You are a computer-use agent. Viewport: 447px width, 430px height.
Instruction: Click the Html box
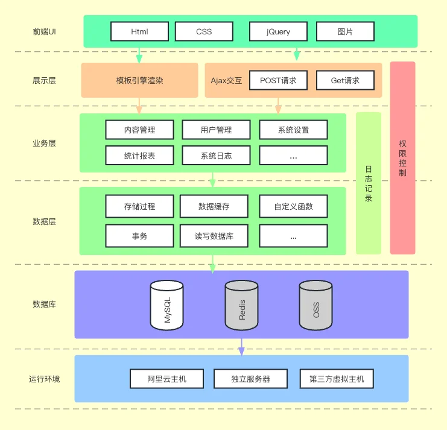[139, 31]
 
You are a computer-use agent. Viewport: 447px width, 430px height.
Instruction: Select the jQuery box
[278, 31]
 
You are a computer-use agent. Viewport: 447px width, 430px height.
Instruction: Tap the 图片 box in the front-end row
[345, 31]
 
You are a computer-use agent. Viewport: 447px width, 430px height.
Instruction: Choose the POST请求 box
[278, 80]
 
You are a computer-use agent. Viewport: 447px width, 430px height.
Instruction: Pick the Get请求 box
[345, 80]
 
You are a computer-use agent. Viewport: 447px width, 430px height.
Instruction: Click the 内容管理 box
[139, 130]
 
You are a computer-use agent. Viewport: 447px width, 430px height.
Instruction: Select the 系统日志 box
[216, 156]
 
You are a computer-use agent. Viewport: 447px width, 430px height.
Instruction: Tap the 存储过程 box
[139, 206]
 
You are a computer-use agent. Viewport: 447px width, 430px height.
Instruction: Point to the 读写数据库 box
[214, 236]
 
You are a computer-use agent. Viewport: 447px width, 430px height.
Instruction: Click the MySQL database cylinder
[166, 305]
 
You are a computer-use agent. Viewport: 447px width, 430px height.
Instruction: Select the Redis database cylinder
[241, 305]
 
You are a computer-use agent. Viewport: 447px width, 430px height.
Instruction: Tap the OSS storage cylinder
[315, 305]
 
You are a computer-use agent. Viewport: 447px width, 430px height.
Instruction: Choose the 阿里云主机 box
[166, 379]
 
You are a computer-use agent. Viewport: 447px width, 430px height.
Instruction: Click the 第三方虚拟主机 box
[337, 379]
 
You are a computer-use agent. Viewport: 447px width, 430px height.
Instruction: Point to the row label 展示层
[44, 81]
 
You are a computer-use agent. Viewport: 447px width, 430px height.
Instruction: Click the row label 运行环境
[44, 379]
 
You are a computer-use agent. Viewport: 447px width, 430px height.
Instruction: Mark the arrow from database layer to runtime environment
[241, 347]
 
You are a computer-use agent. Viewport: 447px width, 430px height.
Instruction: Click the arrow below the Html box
[139, 55]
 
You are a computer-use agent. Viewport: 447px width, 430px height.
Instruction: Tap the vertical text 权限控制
[402, 158]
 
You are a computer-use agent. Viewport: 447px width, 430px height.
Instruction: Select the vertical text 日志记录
[369, 184]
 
